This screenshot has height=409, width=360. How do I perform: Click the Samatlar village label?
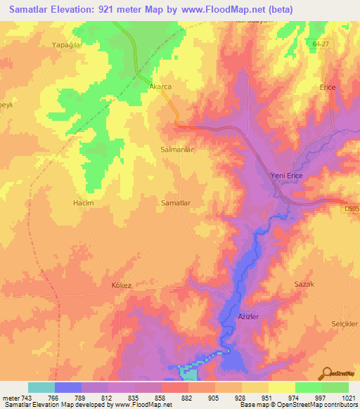(176, 202)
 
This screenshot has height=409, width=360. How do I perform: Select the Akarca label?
(160, 86)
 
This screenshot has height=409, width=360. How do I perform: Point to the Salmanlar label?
(177, 150)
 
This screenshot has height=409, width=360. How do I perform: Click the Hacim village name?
(83, 202)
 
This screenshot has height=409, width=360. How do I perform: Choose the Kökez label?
(122, 285)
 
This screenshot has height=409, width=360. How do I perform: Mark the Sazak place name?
(303, 283)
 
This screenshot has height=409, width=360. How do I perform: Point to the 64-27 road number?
(320, 44)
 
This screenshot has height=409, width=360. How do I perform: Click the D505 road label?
(352, 208)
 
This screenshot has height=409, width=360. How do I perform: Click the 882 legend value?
(188, 397)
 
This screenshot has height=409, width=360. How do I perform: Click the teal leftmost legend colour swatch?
(41, 387)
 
